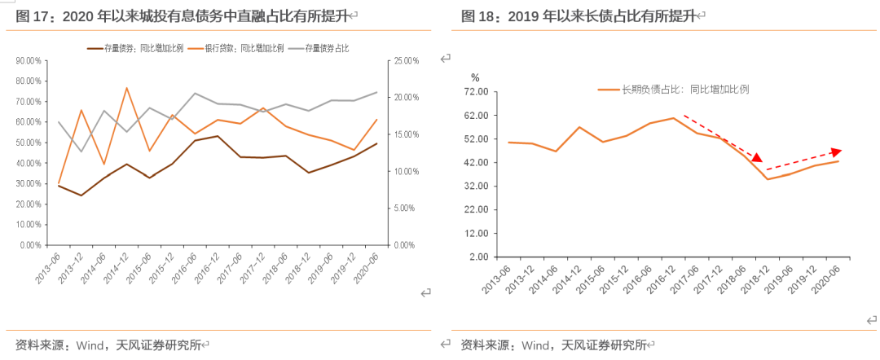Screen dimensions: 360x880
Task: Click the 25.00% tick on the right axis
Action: pos(406,61)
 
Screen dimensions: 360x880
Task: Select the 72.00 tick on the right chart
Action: pos(476,92)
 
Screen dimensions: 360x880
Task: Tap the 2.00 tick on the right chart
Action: pos(478,257)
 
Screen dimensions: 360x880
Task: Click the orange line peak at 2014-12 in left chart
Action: pos(126,88)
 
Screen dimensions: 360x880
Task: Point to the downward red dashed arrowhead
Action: pos(757,158)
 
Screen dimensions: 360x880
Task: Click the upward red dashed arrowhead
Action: pos(836,151)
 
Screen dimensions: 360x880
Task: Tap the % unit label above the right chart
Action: pos(476,77)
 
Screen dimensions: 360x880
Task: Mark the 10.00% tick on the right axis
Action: pos(406,171)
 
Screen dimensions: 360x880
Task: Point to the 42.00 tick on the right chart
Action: pos(476,163)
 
